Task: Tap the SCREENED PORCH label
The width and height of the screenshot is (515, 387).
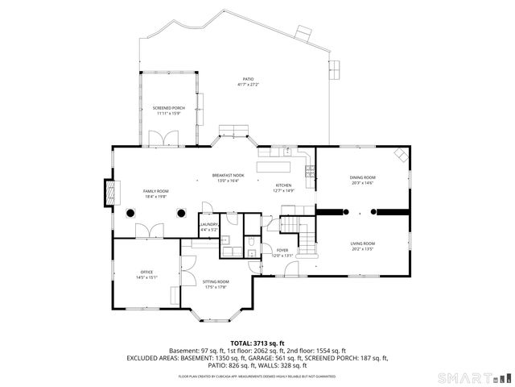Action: point(169,108)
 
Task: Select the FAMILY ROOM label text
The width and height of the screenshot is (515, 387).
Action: point(156,190)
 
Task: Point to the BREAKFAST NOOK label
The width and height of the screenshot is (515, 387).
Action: point(228,175)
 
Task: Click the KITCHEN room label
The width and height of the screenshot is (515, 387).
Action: point(283,185)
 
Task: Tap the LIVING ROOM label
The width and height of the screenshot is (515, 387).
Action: point(362,243)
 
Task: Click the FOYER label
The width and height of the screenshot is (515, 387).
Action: point(282,250)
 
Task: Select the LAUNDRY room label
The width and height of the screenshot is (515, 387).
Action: point(209,225)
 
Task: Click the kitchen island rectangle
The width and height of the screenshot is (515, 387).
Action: point(274,167)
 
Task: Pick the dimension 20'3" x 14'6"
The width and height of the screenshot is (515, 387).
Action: point(362,183)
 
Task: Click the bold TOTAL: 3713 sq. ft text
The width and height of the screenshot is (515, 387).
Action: point(257,343)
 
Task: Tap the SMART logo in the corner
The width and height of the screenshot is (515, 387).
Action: point(474,377)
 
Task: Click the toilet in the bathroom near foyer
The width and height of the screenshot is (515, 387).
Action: point(253,242)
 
